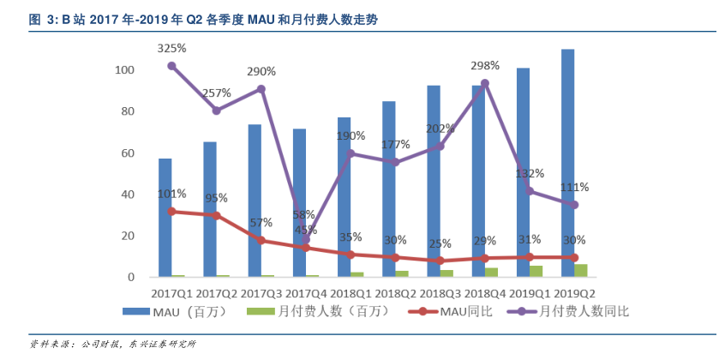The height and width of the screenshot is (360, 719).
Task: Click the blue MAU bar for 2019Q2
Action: [567, 163]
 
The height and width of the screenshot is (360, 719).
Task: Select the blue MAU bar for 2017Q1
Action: [165, 218]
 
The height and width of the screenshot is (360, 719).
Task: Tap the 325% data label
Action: [171, 48]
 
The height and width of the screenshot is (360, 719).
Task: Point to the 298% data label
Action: [485, 66]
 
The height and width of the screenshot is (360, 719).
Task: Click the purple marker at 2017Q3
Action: [261, 89]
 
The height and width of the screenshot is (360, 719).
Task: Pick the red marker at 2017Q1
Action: [172, 211]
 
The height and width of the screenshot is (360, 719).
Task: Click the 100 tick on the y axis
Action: [125, 69]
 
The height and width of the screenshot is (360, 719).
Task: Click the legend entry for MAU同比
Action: [437, 311]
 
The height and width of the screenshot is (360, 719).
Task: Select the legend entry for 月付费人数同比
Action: [570, 311]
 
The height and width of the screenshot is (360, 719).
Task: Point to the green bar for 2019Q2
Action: [581, 270]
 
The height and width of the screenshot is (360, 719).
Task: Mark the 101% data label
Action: [171, 194]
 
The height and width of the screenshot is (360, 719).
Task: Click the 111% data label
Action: [574, 187]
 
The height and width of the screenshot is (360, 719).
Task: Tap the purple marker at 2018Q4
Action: [485, 83]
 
